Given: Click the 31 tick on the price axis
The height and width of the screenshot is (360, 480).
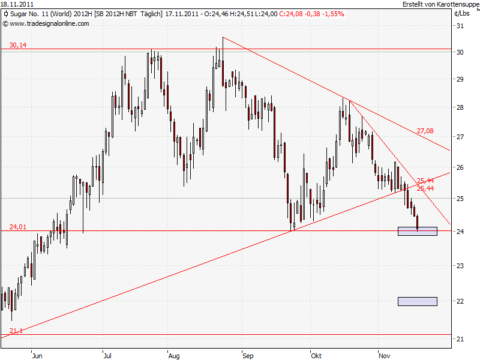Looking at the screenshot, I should click(460, 26).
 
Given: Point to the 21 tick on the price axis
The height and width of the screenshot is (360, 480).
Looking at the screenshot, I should click(460, 339).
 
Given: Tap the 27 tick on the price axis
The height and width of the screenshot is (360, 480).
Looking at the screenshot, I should click(460, 136).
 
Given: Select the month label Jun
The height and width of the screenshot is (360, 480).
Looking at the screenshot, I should click(37, 355).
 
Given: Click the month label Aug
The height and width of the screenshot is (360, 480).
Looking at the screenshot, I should click(174, 355).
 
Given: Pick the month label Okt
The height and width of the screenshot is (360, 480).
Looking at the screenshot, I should click(316, 355).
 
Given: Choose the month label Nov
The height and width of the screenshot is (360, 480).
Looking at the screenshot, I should click(384, 355).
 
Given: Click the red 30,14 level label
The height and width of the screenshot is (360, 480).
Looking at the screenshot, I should click(18, 45).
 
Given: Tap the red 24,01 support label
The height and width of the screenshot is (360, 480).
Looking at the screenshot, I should click(18, 227).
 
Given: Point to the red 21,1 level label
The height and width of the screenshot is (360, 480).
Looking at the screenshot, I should click(16, 331).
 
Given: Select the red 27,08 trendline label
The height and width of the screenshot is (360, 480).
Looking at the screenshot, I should click(425, 130).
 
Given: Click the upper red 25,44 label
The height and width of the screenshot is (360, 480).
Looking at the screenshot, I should click(425, 180).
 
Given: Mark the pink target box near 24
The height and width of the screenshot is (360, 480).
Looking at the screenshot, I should click(418, 231).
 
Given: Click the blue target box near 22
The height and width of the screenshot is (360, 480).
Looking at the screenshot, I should click(418, 301).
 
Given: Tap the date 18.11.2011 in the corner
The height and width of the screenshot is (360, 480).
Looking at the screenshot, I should click(17, 4).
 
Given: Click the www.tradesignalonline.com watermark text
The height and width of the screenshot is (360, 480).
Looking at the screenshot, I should click(49, 23).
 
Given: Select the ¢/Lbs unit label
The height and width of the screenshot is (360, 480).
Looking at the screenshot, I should click(463, 13).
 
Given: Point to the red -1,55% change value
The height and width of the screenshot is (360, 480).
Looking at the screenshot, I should click(332, 13).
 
